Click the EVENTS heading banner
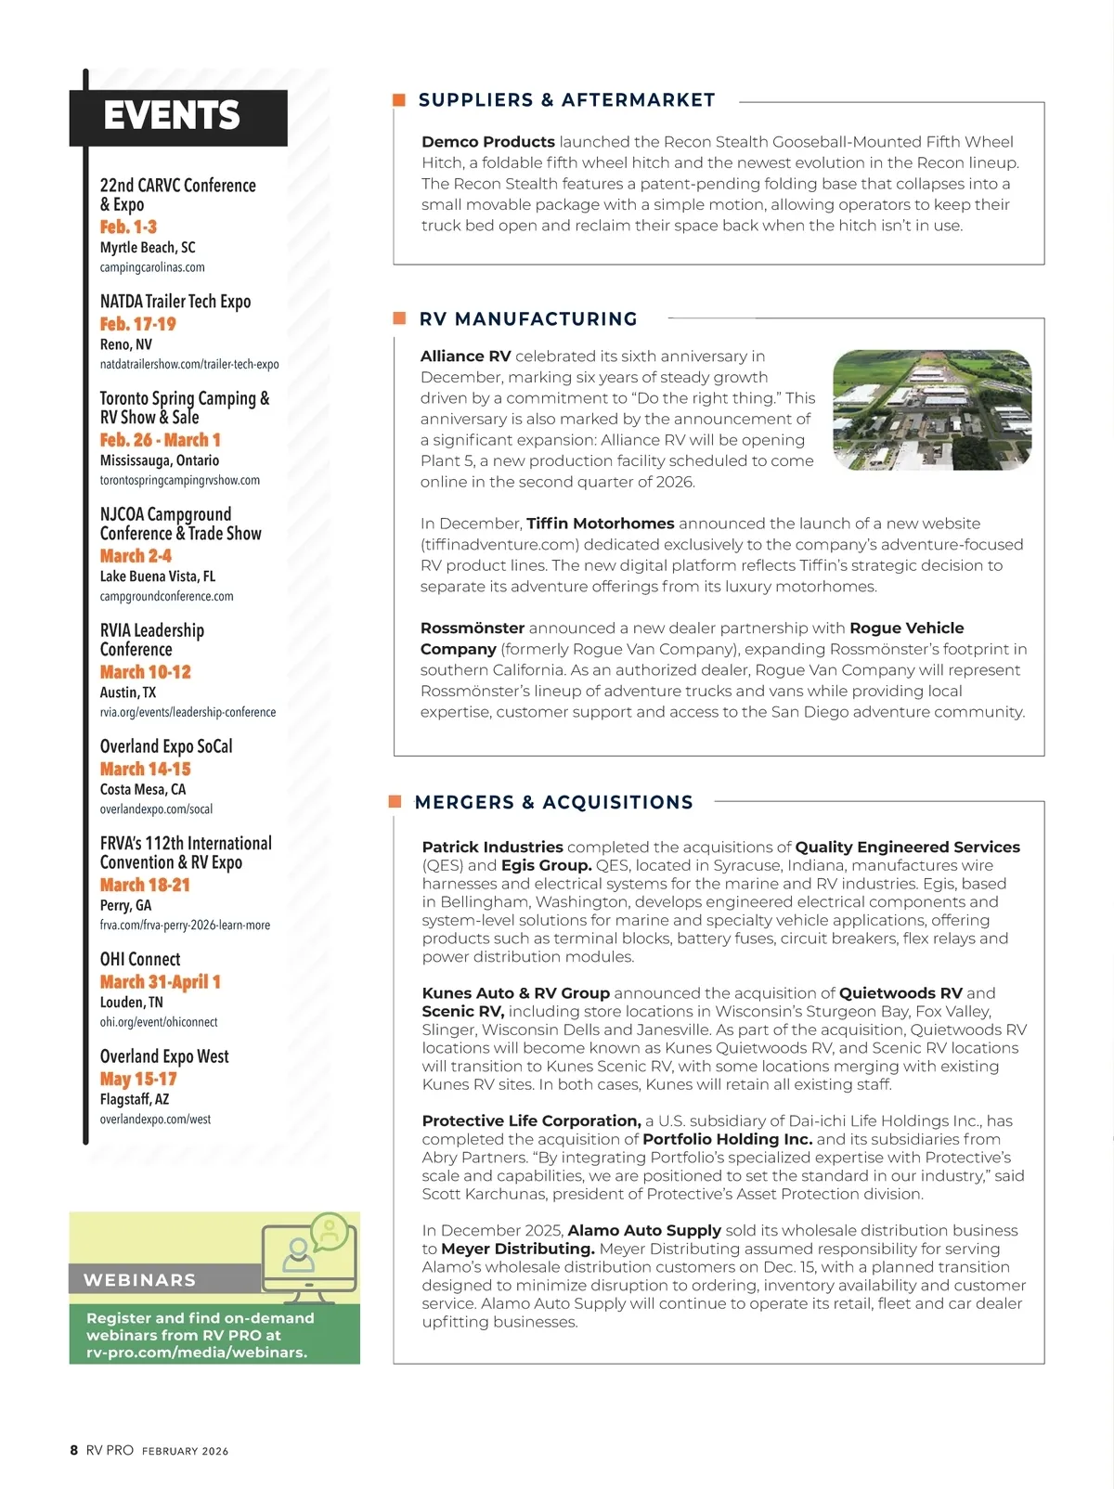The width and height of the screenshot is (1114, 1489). (x=172, y=117)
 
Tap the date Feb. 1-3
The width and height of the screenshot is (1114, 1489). (x=128, y=227)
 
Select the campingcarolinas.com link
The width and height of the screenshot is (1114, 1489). (x=152, y=267)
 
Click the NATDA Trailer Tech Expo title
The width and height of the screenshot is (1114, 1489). (x=175, y=301)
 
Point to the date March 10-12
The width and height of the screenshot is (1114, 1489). (x=145, y=671)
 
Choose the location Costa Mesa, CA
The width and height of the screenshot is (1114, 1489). (x=143, y=789)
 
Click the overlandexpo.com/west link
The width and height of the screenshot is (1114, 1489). (x=155, y=1119)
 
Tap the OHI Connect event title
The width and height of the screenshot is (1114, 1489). (x=140, y=959)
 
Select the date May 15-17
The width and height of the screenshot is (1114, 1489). (x=138, y=1079)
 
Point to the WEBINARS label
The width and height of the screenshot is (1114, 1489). (x=139, y=1280)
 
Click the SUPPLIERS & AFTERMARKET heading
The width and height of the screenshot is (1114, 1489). (x=566, y=100)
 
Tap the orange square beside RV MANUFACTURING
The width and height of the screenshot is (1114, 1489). (x=400, y=318)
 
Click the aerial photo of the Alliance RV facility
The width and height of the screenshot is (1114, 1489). (x=932, y=409)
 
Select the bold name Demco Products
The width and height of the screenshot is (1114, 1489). (x=488, y=142)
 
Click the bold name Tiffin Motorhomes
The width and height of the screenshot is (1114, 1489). (x=600, y=524)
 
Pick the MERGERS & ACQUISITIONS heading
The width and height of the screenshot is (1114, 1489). (x=553, y=802)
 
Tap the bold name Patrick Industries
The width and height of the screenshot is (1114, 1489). (x=492, y=847)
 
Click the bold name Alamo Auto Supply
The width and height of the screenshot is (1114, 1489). (x=644, y=1230)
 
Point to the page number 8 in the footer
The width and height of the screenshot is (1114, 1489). (x=74, y=1450)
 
